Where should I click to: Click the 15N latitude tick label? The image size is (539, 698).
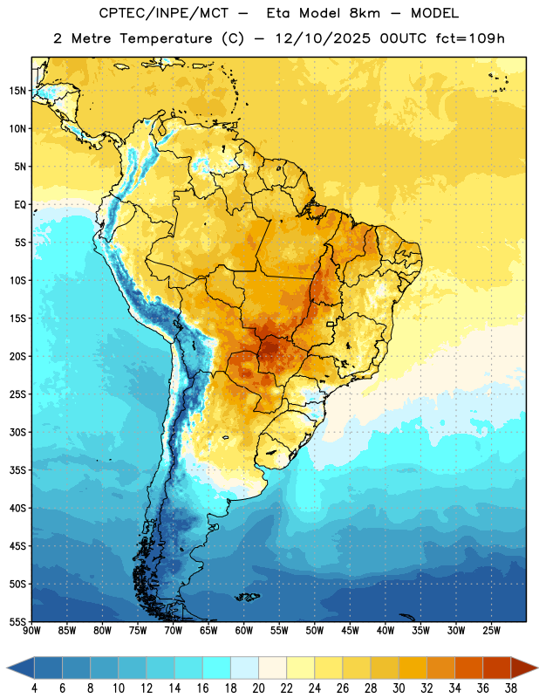point(17,91)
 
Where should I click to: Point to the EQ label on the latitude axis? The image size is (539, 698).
point(20,205)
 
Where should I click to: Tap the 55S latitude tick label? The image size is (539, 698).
point(17,621)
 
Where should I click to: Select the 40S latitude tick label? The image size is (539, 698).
point(17,508)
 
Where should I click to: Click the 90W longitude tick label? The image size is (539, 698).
point(31,631)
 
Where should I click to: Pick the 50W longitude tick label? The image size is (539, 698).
point(314,631)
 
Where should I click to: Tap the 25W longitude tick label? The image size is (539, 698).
point(491,631)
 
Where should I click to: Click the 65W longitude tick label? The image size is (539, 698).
point(208,631)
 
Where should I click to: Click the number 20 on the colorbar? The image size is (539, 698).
point(258,688)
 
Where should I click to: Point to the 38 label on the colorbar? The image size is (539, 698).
point(511,688)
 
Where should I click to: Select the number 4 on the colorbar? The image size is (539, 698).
point(34,688)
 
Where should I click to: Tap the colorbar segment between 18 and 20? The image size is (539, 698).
point(245,667)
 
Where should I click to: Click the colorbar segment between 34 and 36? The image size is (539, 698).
point(469,667)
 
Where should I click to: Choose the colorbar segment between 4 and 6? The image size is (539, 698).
point(49,667)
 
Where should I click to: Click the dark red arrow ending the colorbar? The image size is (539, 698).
point(524,667)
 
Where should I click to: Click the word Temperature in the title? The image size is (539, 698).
point(166,38)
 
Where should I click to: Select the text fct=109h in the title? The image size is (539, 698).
point(470,38)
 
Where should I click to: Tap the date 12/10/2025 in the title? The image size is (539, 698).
point(323,38)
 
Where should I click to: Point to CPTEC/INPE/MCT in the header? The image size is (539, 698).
point(163,13)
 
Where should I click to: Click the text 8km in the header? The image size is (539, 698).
point(365,13)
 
